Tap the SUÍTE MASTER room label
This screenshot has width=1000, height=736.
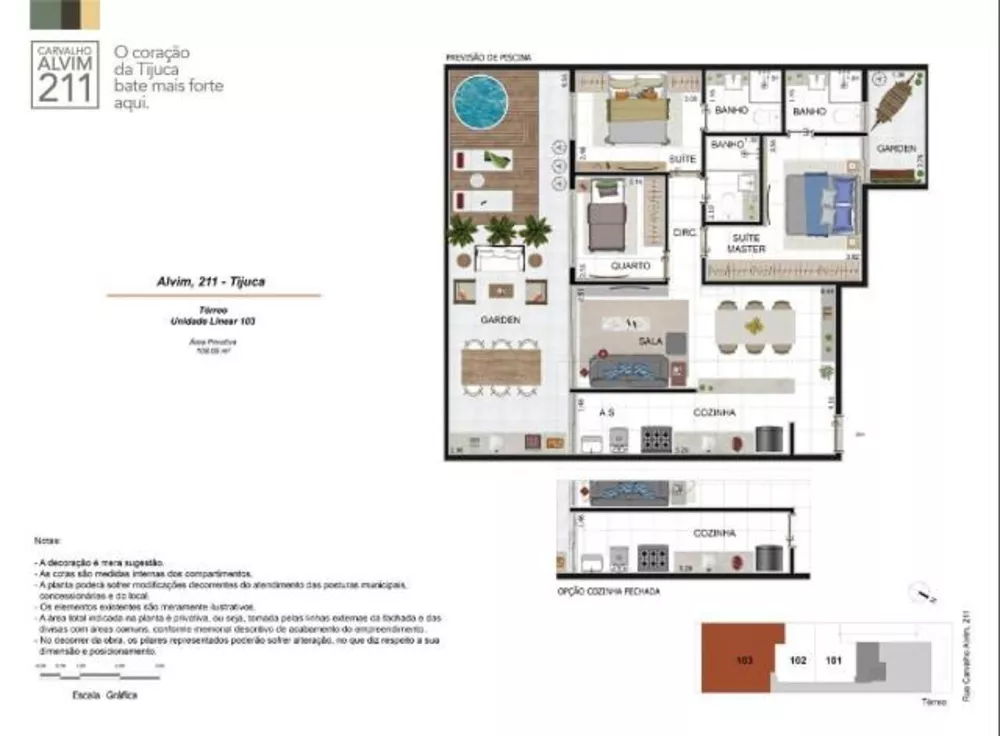tap(746, 243)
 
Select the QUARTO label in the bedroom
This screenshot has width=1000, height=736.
tap(630, 266)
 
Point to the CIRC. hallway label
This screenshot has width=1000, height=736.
tap(685, 232)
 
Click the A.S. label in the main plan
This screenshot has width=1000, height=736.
tap(606, 412)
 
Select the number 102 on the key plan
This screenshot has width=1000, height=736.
tap(798, 660)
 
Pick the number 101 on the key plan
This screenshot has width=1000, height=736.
tap(833, 660)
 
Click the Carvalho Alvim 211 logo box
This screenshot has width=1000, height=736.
tap(65, 76)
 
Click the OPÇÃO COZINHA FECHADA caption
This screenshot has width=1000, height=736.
tap(608, 591)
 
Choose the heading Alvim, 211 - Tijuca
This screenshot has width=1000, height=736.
tap(213, 282)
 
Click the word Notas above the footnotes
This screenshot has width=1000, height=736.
tap(47, 540)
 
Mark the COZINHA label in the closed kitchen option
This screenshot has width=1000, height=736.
tap(715, 533)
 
